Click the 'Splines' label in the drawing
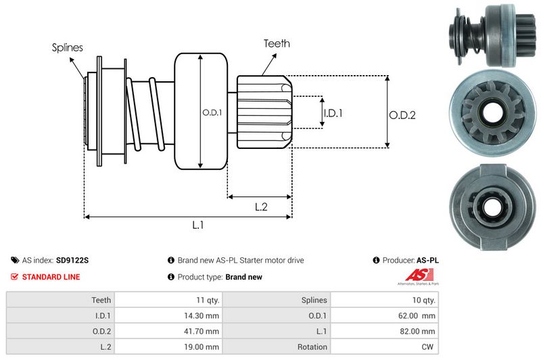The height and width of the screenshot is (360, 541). (67, 47)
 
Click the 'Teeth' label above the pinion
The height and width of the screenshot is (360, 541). (277, 43)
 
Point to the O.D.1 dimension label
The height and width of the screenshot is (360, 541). (212, 112)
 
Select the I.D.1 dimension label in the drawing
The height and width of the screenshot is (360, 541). (333, 113)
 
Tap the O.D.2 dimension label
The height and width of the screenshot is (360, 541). (402, 115)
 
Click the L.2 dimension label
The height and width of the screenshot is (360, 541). (262, 208)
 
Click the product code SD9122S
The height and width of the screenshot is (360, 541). (73, 260)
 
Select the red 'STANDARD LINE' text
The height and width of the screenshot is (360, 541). (51, 277)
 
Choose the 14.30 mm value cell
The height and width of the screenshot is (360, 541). (202, 315)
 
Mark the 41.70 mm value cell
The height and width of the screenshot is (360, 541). (202, 331)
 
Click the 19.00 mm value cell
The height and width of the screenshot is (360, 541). (202, 346)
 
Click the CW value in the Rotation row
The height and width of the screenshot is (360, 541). (429, 346)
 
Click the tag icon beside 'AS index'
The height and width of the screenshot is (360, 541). (15, 260)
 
